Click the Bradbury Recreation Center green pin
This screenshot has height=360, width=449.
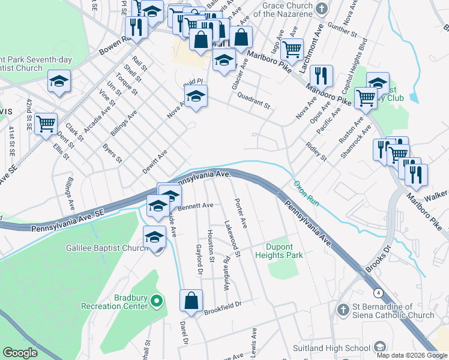pos(157,300)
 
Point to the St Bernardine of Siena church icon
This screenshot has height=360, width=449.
pos(342,310)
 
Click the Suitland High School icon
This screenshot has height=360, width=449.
pos(379,347)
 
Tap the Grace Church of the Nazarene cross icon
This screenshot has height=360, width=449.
pos(322,8)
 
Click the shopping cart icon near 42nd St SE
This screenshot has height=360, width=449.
pos(46,124)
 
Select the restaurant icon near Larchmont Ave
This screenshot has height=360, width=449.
pos(322,75)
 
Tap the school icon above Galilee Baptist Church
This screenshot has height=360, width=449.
pos(154,238)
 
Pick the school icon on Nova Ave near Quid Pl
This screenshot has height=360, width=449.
pos(196,96)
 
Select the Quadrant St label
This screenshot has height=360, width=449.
pos(254,100)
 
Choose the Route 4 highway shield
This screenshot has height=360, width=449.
pos(378,293)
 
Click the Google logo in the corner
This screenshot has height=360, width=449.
pos(20,353)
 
